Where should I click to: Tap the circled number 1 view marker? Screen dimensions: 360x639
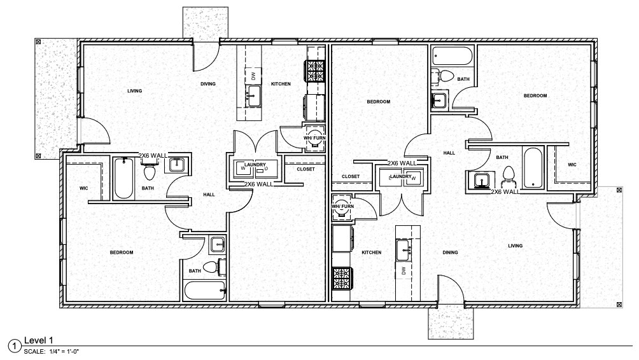coord(14,346)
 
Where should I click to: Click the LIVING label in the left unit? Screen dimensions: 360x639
coord(134,91)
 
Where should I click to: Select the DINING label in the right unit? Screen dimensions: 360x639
coord(450,253)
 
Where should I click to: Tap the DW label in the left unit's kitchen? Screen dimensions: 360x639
coord(253,76)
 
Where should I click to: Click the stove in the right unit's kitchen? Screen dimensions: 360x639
coord(342,278)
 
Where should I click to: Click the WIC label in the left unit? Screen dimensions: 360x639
coord(83,188)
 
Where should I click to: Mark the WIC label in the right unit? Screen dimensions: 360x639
coord(571,165)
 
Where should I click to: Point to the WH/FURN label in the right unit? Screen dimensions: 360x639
coord(342,206)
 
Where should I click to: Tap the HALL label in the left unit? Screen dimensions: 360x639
coord(209,195)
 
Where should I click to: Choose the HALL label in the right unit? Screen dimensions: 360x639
coord(449,153)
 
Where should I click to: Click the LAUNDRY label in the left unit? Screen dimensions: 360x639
coord(254,165)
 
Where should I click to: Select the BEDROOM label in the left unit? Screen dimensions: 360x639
coord(121,253)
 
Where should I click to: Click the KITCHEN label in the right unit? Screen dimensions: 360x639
coord(372,253)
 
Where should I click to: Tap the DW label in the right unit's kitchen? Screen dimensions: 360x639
coord(404,272)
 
